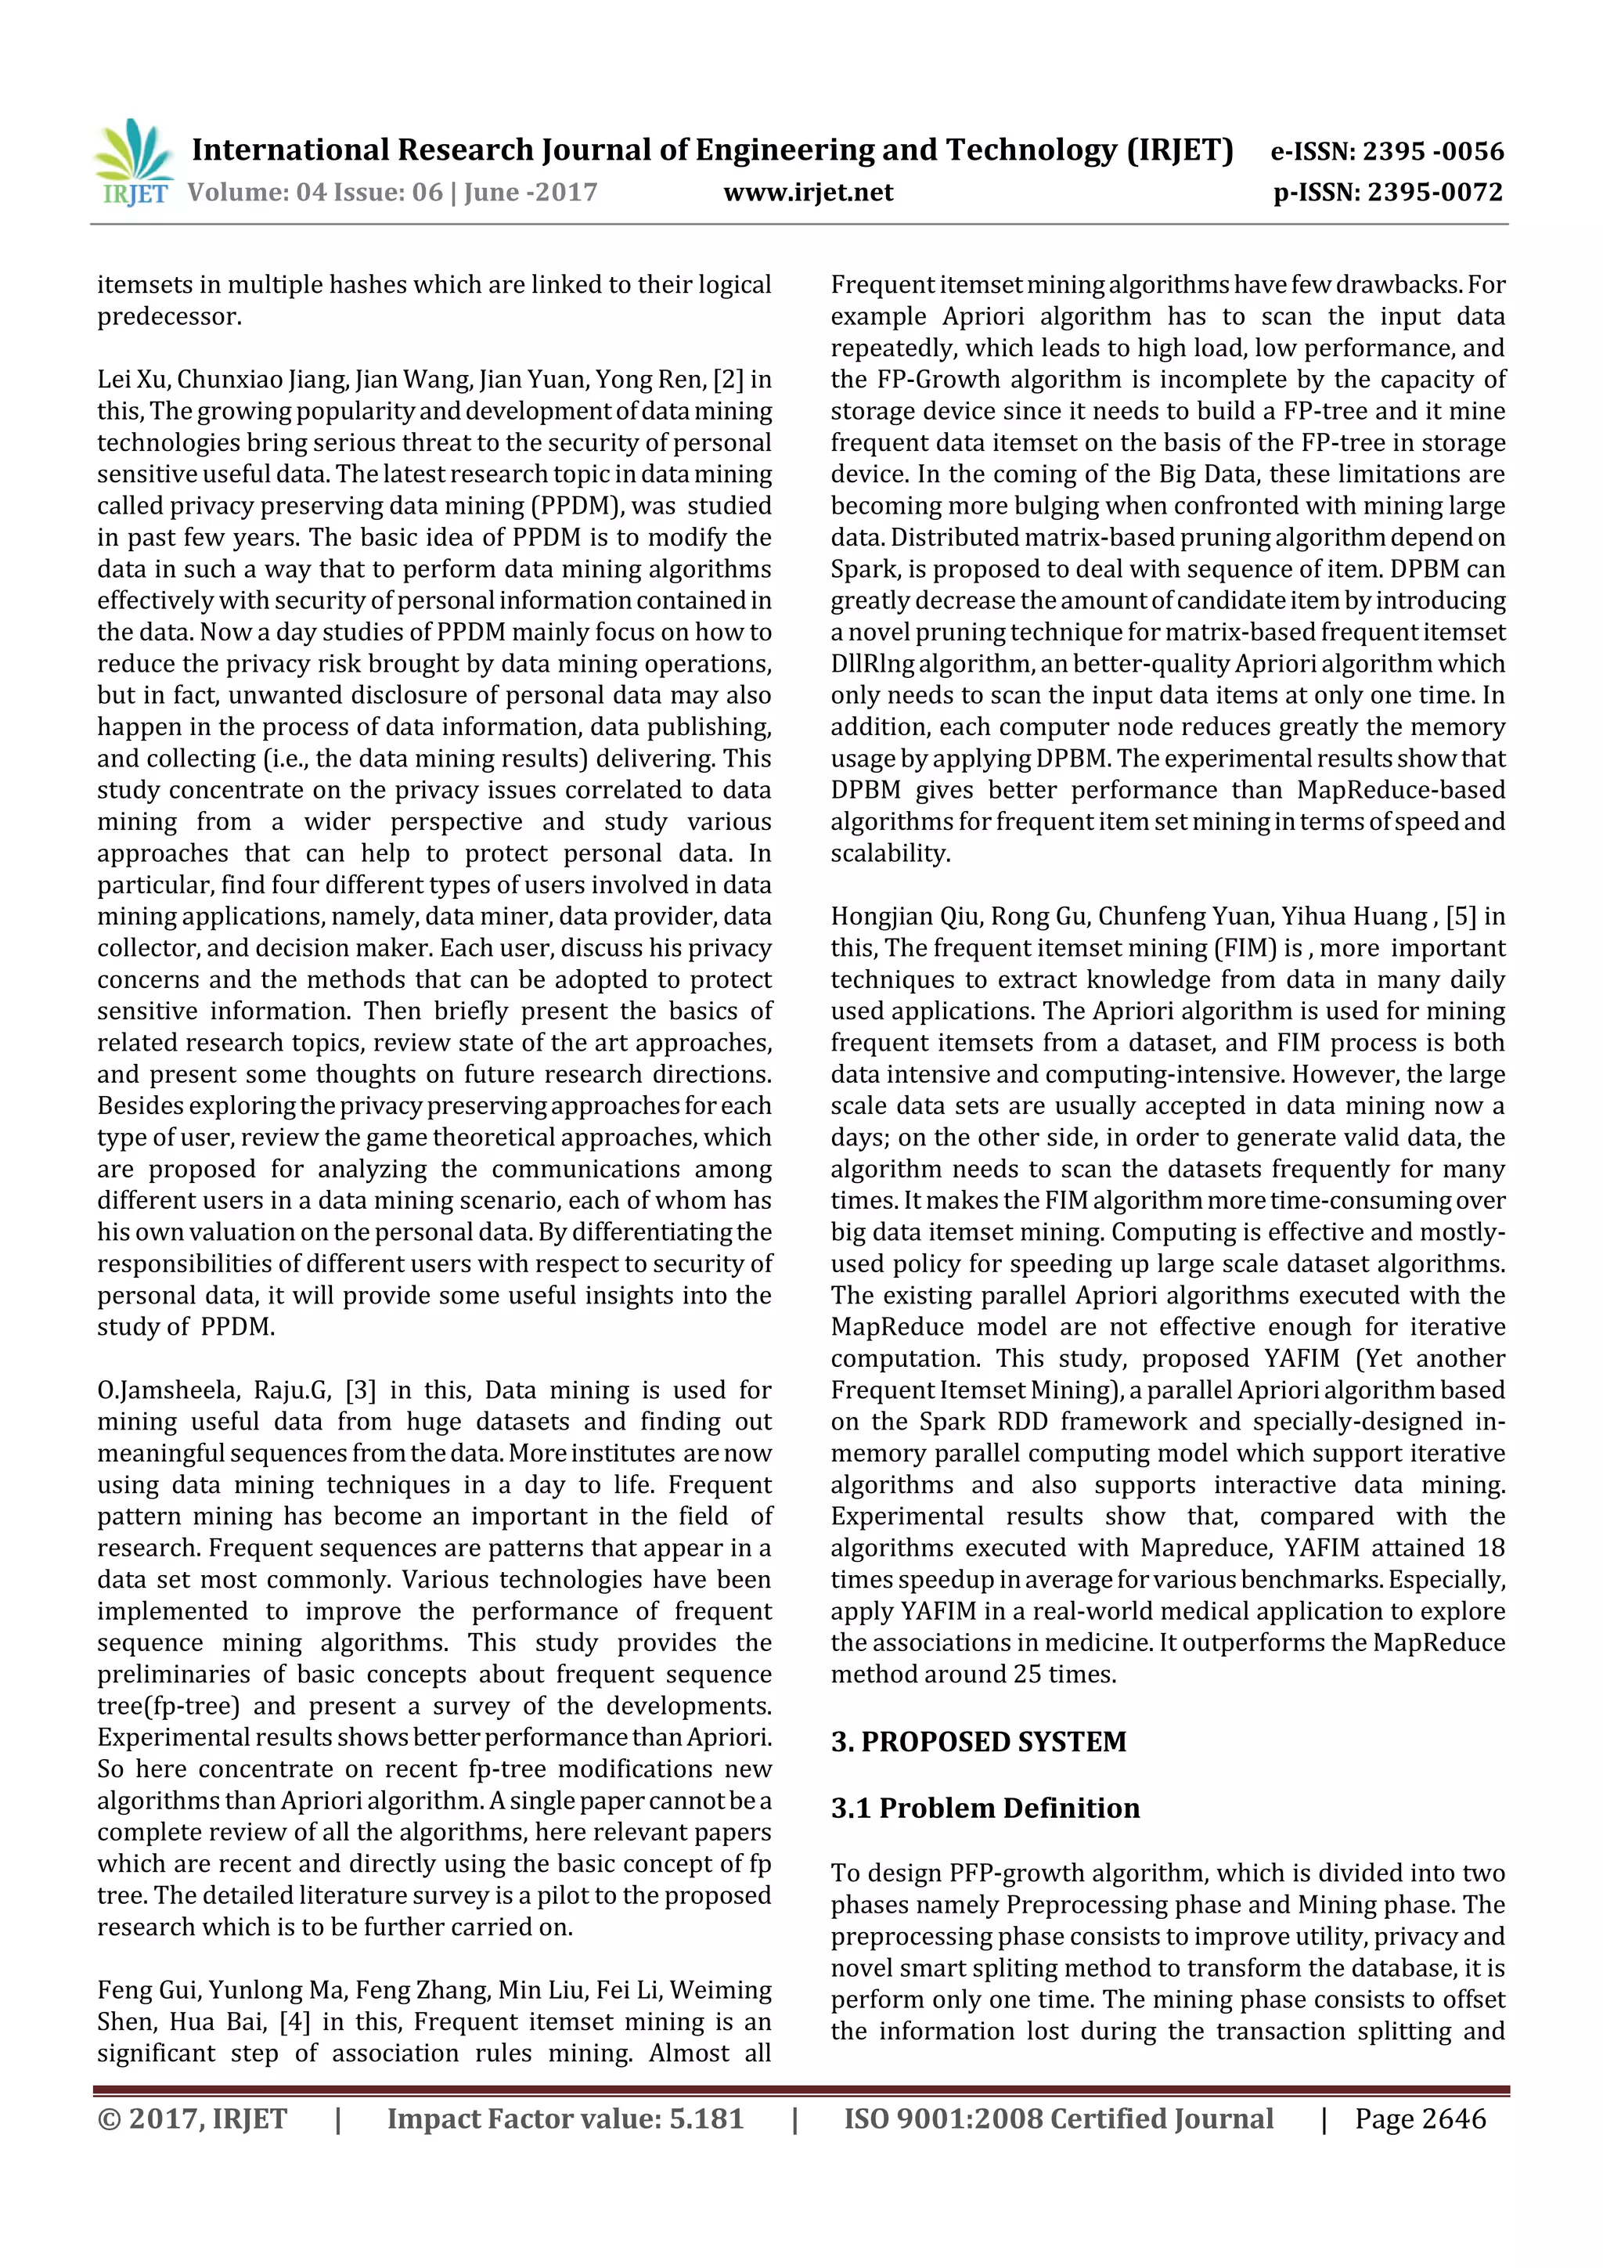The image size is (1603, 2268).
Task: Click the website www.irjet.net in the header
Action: pyautogui.click(x=808, y=193)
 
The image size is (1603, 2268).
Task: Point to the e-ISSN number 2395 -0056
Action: pyautogui.click(x=1432, y=151)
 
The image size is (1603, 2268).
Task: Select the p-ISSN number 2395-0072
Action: pyautogui.click(x=1434, y=193)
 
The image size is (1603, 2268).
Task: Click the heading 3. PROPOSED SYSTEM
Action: pyautogui.click(x=978, y=1741)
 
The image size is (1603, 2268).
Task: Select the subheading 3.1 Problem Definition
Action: pyautogui.click(x=985, y=1808)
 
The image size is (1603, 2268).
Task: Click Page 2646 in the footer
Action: pyautogui.click(x=1419, y=2118)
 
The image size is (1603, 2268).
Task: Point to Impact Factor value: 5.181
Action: pyautogui.click(x=565, y=2118)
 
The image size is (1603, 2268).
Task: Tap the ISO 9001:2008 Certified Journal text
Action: pyautogui.click(x=1057, y=2118)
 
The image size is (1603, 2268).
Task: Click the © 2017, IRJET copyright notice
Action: pyautogui.click(x=192, y=2118)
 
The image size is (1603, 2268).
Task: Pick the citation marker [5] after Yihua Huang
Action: pyautogui.click(x=1461, y=916)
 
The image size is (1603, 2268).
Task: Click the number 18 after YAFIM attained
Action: pyautogui.click(x=1490, y=1548)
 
